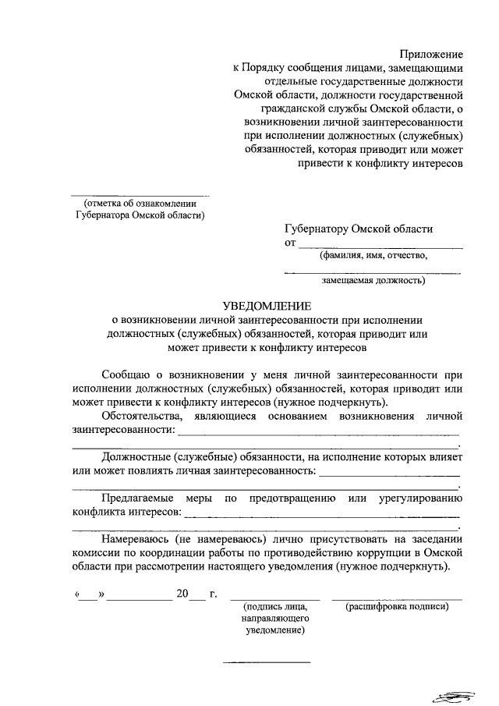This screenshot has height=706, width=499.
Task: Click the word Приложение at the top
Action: (431, 54)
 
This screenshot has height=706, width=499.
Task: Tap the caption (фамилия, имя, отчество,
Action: (373, 254)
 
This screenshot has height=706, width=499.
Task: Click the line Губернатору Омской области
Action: (359, 229)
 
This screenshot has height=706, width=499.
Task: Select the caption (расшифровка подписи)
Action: (397, 606)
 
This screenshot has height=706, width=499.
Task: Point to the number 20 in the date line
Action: (182, 594)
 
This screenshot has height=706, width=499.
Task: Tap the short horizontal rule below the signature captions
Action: (267, 662)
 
